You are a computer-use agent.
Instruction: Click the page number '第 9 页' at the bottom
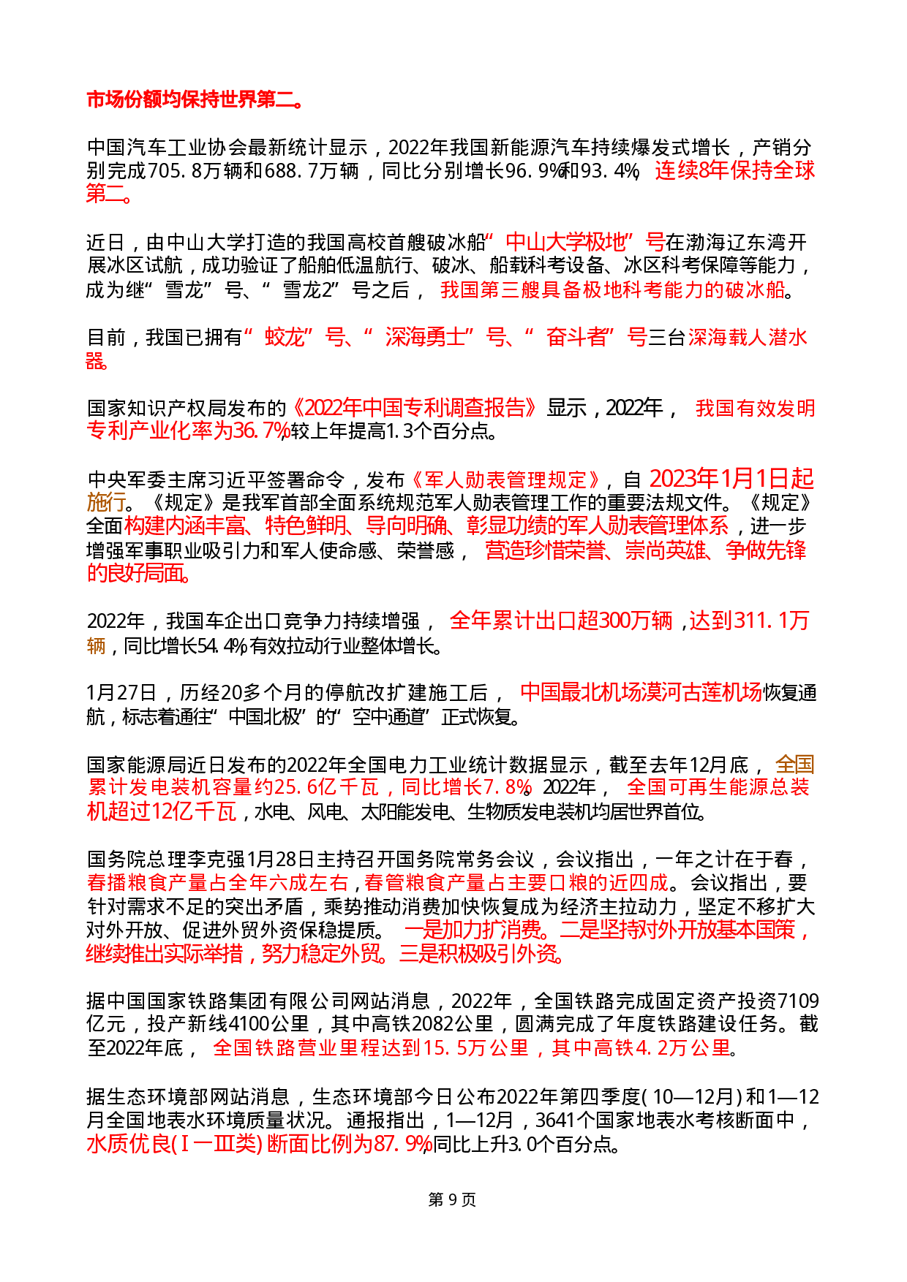click(452, 1200)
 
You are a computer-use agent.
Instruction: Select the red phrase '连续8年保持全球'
click(734, 171)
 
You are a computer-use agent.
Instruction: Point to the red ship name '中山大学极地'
click(566, 242)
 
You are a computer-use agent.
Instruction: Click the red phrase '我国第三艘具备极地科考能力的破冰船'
click(613, 290)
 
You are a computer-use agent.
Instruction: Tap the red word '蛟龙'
click(284, 337)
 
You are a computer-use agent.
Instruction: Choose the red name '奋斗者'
click(577, 337)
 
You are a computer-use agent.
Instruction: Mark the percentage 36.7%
click(262, 431)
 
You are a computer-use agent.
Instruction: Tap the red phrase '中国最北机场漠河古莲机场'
click(641, 692)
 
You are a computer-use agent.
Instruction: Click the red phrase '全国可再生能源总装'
click(718, 787)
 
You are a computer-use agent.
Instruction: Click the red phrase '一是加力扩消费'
click(476, 930)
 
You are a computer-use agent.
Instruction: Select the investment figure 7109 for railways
click(797, 1001)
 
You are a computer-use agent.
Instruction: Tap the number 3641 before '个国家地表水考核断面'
click(557, 1120)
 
